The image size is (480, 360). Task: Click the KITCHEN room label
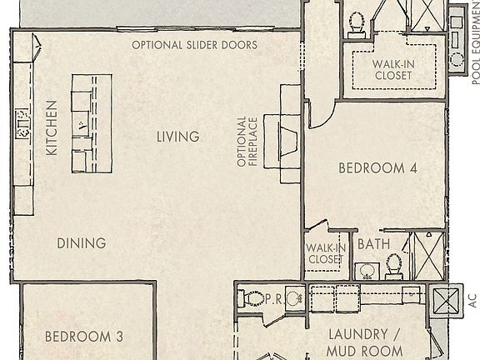(x=51, y=129)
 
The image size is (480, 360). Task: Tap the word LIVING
(x=177, y=137)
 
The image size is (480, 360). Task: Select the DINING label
(x=82, y=243)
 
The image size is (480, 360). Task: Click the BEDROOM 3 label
(x=83, y=337)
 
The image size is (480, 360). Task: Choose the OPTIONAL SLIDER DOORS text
(x=194, y=45)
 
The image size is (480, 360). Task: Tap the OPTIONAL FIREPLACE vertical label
(x=247, y=142)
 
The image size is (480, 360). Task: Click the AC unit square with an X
(x=447, y=299)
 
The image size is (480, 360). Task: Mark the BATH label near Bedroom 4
(x=373, y=245)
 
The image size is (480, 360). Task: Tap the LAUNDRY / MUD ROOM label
(x=365, y=340)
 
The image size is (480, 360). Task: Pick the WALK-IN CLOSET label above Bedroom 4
(x=392, y=69)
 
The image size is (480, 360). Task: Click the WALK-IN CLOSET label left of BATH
(x=324, y=253)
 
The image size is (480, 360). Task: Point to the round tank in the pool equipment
(x=457, y=59)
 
